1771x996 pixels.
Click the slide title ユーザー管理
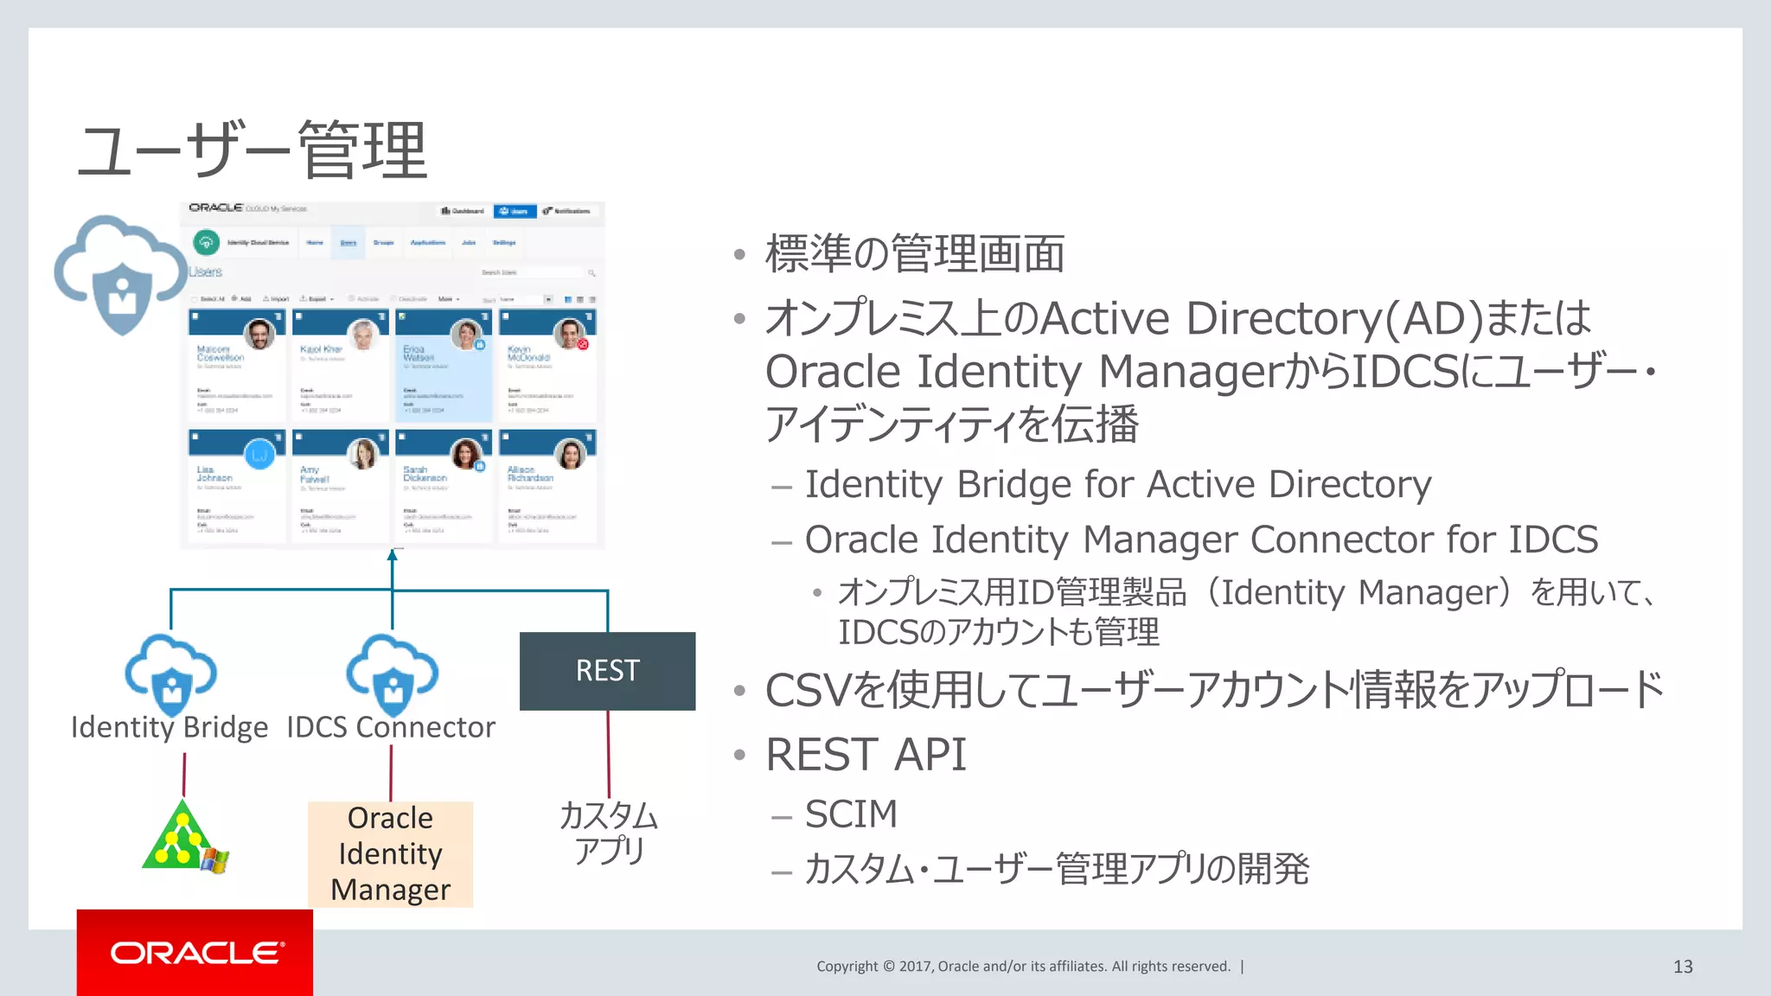coord(253,150)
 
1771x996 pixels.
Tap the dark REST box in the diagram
coord(607,671)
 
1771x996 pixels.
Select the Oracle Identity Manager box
coord(390,853)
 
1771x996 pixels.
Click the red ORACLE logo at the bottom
coord(195,953)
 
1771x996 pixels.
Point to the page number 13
coord(1682,967)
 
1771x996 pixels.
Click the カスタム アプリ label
coord(609,833)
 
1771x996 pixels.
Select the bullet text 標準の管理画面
coord(914,254)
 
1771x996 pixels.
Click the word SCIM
coord(851,814)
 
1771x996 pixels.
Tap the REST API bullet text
coord(866,755)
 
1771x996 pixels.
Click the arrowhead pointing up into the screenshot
coord(393,555)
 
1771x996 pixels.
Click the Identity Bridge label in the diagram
coord(169,728)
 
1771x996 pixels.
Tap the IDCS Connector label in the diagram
coord(391,728)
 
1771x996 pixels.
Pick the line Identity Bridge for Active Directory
coord(1117,484)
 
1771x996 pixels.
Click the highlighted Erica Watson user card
coord(443,366)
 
